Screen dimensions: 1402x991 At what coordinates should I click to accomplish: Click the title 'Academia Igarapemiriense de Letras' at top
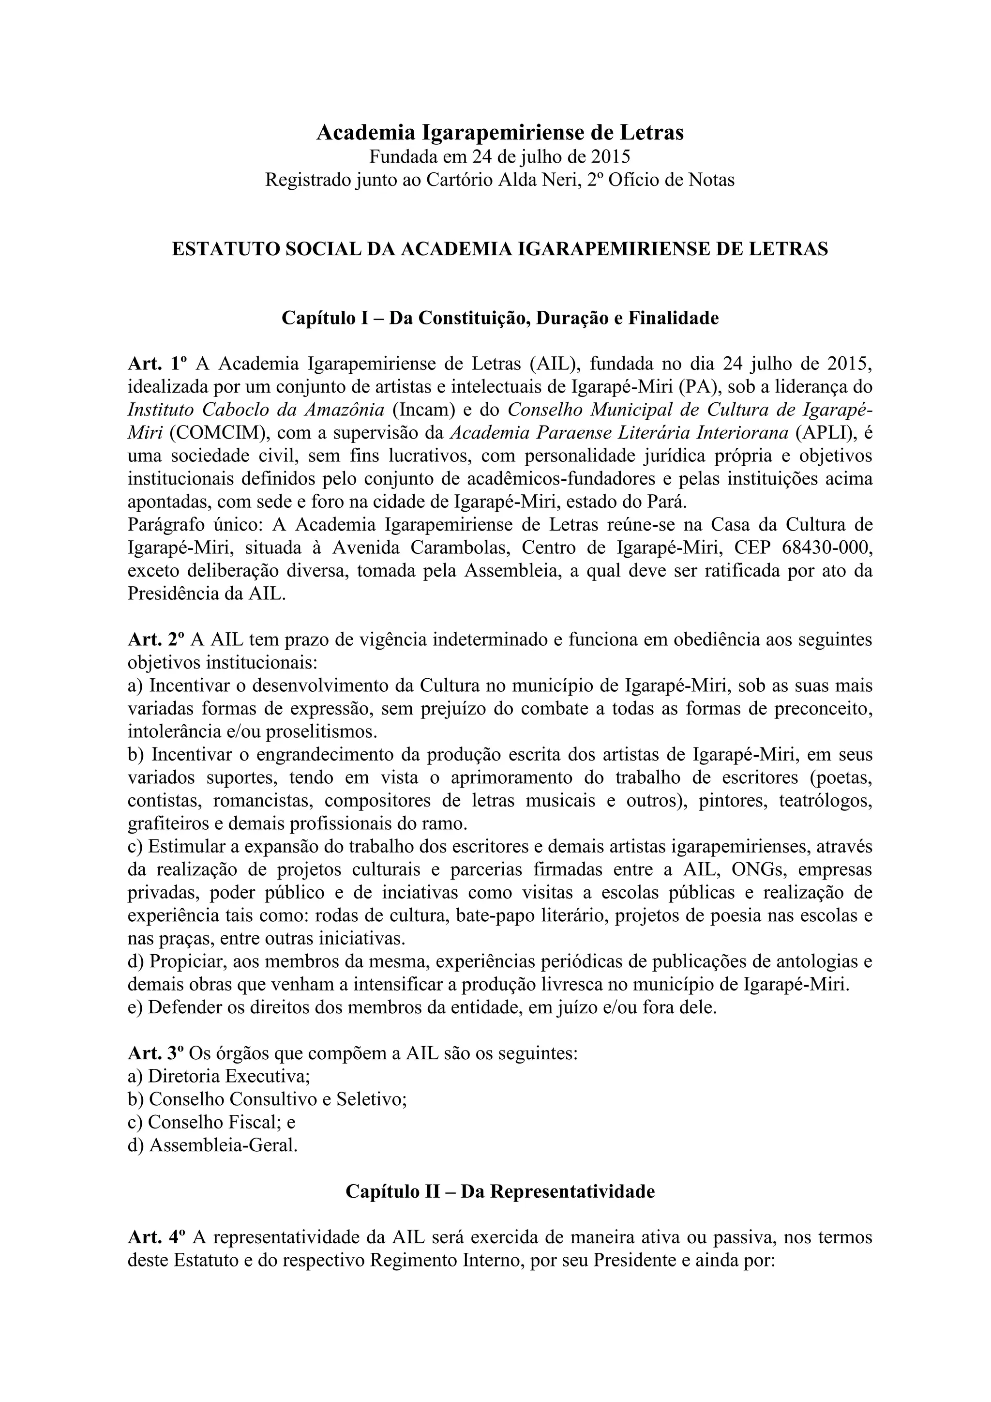coord(500,133)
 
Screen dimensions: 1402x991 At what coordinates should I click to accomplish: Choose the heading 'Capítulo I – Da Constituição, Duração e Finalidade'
coord(500,318)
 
